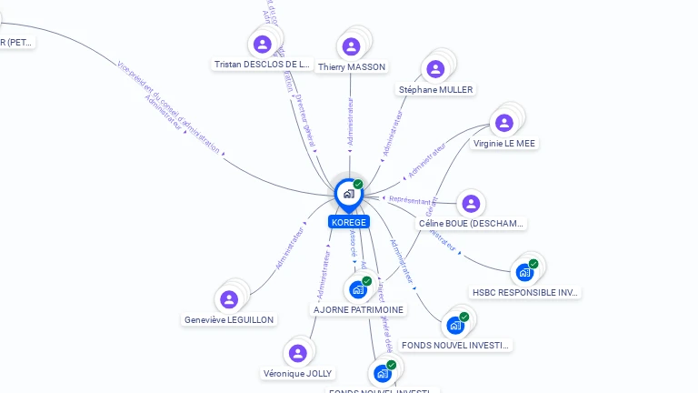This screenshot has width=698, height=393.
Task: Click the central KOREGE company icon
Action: click(x=348, y=193)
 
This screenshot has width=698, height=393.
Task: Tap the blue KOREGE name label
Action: click(x=349, y=222)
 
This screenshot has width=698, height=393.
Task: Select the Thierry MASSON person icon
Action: click(x=352, y=46)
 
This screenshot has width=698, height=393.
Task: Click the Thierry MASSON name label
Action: click(x=352, y=66)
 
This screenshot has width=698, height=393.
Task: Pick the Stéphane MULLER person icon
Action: click(x=435, y=69)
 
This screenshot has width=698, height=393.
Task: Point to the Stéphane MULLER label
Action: click(x=435, y=89)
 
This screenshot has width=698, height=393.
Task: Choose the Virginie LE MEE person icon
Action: click(x=504, y=123)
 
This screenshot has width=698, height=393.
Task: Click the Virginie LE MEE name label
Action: click(x=504, y=143)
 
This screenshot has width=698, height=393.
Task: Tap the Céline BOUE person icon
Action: click(x=470, y=204)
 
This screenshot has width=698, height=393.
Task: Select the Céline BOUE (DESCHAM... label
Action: click(x=471, y=223)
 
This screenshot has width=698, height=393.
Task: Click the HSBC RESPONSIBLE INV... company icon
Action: click(x=524, y=271)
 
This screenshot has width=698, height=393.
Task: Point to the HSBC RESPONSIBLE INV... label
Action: click(x=525, y=292)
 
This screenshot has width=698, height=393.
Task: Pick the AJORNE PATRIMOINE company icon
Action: click(x=358, y=289)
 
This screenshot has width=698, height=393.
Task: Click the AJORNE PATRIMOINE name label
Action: click(x=358, y=309)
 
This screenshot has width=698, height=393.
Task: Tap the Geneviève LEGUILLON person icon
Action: click(x=229, y=299)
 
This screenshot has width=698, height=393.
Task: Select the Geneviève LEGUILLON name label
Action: click(x=229, y=319)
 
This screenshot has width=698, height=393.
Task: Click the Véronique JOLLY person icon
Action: click(x=297, y=353)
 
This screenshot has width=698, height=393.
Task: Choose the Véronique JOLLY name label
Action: click(x=297, y=373)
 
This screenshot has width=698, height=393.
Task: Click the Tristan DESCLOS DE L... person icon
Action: click(x=263, y=44)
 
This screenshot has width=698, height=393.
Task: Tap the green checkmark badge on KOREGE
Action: click(x=358, y=184)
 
